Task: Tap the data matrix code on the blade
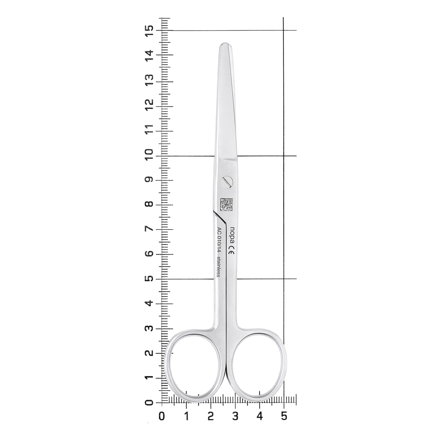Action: (226, 205)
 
